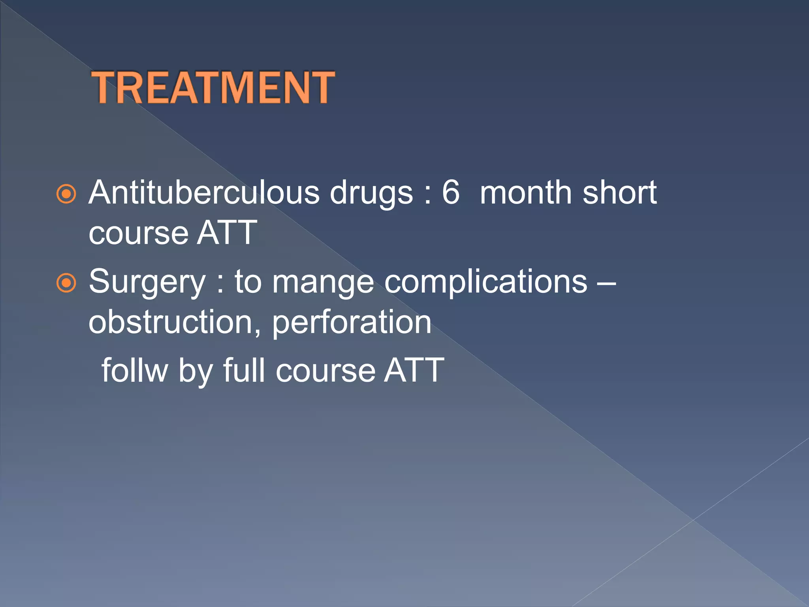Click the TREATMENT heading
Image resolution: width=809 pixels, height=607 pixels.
[213, 88]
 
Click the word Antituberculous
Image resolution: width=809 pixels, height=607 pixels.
[204, 192]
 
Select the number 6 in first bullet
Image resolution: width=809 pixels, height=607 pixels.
[451, 192]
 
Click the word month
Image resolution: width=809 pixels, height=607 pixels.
[526, 192]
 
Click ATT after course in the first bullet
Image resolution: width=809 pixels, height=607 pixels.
[227, 233]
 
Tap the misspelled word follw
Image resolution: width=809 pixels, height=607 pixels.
[135, 370]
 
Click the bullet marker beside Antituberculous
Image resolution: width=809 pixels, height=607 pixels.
[66, 194]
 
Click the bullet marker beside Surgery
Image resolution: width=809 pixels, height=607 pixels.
[66, 283]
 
